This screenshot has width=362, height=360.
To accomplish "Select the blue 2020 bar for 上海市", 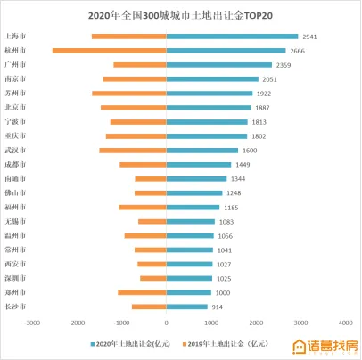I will coord(232,37).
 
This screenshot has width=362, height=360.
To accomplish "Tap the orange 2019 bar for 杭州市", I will coord(109,51).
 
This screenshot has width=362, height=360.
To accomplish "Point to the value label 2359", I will coord(284,65).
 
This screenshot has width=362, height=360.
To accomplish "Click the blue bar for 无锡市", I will coord(190,222).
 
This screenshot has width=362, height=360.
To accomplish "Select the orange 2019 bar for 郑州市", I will coord(142,292).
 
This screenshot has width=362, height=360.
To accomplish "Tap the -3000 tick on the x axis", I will coord(32,323).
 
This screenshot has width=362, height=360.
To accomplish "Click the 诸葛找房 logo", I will coord(325,346).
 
